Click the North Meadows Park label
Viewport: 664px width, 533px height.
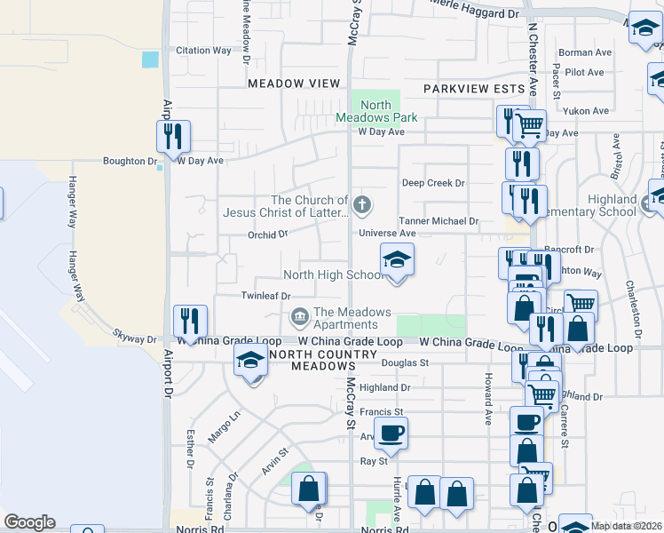coord(376,111)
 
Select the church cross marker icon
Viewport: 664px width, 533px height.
coord(361,206)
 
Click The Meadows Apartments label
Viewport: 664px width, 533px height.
coord(352,318)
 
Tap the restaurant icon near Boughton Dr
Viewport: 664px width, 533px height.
coord(172,136)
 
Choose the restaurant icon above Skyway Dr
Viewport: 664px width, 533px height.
coord(189,321)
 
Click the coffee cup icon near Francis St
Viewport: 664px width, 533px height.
coord(390,434)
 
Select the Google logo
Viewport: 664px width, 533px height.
coord(30,521)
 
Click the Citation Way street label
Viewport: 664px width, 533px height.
coord(203,51)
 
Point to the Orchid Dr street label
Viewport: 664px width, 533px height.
coord(267,235)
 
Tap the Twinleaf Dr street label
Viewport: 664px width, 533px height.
coord(266,296)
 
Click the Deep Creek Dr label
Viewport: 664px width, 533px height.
coord(433,183)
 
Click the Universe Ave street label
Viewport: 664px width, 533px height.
coord(387,234)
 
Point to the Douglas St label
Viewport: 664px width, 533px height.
coord(405,362)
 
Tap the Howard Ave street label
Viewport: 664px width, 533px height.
coord(488,398)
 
